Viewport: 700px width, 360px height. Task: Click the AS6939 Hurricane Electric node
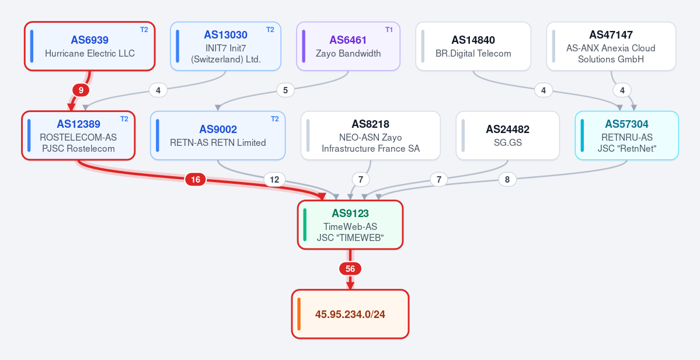90,47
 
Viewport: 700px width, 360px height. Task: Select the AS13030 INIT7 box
225,47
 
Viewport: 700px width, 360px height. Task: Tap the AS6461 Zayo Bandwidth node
348,47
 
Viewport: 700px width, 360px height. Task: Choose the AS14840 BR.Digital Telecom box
473,47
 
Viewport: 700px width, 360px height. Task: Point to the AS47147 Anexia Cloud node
611,47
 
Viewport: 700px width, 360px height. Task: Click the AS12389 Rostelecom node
78,135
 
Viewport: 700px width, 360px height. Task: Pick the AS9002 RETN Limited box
218,135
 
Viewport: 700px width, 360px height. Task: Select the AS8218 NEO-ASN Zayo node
371,135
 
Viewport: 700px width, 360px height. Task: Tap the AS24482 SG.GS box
507,135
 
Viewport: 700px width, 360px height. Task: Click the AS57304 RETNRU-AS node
627,135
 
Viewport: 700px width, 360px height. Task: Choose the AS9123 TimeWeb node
350,225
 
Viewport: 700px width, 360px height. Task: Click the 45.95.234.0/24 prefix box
350,314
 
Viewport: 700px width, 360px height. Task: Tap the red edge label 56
350,269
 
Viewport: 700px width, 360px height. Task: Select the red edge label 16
196,180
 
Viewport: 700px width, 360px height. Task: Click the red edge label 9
81,90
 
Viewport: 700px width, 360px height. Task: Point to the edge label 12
274,180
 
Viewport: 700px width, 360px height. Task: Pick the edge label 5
285,90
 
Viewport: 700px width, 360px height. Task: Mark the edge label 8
507,180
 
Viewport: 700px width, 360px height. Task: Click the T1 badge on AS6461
389,30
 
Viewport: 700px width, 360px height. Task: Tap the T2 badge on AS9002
275,119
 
